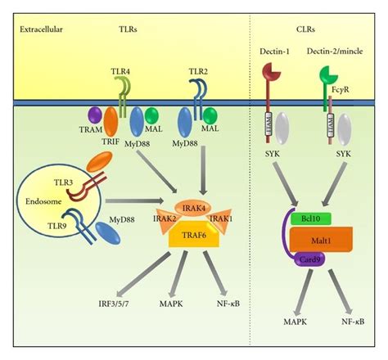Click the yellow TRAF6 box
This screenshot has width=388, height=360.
(x=194, y=237)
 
